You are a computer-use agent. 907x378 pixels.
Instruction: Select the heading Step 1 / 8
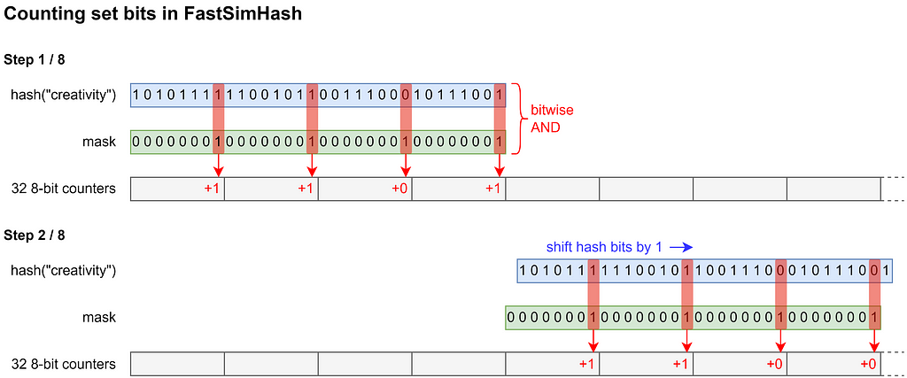point(35,59)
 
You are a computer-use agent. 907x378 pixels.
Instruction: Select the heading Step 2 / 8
point(35,235)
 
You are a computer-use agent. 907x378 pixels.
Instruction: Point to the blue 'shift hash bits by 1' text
point(606,248)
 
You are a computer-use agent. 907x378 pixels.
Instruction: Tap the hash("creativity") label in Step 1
point(64,94)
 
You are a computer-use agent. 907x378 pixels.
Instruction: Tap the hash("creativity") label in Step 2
point(64,269)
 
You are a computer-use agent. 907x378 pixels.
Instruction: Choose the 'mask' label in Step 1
point(101,142)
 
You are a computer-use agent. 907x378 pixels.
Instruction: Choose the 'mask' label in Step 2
point(101,317)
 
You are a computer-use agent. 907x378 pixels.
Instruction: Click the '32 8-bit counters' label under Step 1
point(64,189)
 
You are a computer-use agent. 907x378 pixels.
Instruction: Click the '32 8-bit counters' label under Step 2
point(64,364)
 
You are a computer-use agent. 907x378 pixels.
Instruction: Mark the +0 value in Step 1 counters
point(399,189)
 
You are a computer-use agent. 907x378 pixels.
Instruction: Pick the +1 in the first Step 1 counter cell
point(211,189)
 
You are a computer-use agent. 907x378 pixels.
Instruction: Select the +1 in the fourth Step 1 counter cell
point(492,189)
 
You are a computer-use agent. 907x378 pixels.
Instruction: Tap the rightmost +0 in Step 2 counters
point(868,364)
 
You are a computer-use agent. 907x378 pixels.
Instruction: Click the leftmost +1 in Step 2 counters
point(586,364)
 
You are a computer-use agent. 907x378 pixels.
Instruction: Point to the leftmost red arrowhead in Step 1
point(218,171)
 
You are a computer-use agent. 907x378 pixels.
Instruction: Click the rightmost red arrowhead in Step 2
point(875,346)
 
